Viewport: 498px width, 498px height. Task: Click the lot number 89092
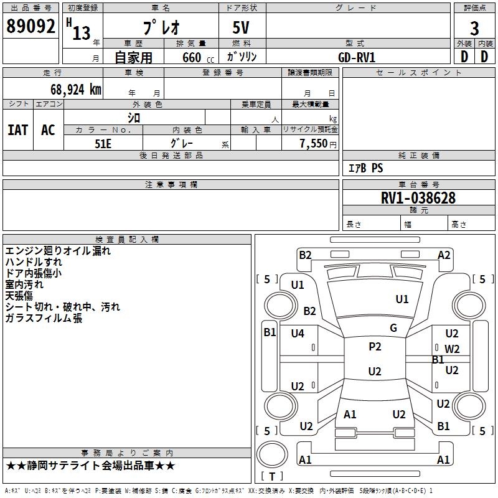pos(31,26)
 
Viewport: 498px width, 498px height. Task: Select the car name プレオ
pos(161,27)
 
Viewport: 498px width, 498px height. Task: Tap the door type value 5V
pos(242,27)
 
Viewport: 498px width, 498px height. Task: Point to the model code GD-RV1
pos(357,57)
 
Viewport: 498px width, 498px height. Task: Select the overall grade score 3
pos(474,29)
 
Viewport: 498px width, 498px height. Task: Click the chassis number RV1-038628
pos(418,199)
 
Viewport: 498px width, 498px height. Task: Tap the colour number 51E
pos(103,143)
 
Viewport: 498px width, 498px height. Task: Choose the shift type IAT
pos(18,130)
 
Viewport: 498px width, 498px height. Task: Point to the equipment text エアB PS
pos(365,168)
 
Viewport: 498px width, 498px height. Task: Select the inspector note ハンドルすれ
pos(34,262)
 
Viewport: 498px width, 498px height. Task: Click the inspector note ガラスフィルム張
pos(44,318)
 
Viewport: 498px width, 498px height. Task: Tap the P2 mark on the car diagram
pos(375,347)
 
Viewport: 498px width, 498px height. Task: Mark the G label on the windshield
pos(393,328)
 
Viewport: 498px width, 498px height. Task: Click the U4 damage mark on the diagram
pos(298,334)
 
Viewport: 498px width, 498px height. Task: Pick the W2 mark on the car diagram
pos(452,349)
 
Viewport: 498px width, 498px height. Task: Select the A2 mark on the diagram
pos(444,255)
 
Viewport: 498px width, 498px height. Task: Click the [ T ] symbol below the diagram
pos(271,476)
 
